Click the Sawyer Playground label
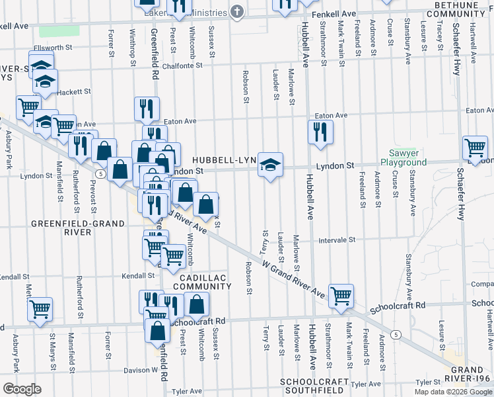tap(404, 157)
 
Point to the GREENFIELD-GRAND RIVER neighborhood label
tap(78, 228)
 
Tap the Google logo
tap(21, 389)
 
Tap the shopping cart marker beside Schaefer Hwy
tap(475, 147)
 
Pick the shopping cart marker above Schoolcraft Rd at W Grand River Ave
tap(341, 296)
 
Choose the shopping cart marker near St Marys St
tap(40, 309)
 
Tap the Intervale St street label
tap(337, 240)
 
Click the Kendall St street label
tap(135, 275)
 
